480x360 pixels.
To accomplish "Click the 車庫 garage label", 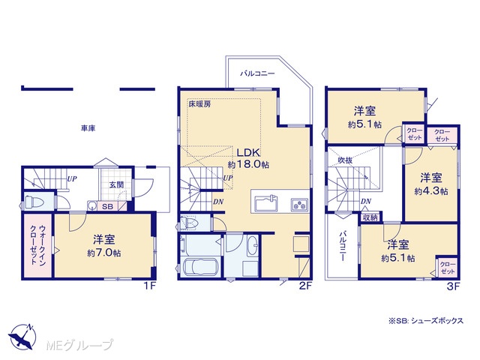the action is (88, 128).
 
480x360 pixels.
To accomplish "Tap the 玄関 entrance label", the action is (117, 185).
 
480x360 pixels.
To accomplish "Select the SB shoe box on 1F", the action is (107, 207).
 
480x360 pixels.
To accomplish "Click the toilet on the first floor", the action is (34, 202).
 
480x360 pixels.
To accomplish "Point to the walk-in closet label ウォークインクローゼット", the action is (38, 245).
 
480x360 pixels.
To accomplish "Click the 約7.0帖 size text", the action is (104, 253).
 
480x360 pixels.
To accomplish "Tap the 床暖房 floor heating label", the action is (199, 104).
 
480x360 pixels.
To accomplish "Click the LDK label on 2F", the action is (248, 152).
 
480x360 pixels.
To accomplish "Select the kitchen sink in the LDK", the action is (266, 203).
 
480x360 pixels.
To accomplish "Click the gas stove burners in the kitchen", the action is (299, 204).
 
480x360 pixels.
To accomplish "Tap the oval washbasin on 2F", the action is (252, 246).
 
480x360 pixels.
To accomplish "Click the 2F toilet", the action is (189, 223).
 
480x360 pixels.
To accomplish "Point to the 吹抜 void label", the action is (345, 160).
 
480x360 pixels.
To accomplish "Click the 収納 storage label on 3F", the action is (370, 217).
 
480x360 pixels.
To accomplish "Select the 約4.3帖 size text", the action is (431, 191).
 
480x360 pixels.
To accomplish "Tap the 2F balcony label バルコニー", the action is (257, 73).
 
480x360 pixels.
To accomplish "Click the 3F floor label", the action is (453, 286).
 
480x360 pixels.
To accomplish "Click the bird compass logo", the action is (22, 336).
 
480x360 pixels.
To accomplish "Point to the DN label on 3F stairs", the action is (366, 202).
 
